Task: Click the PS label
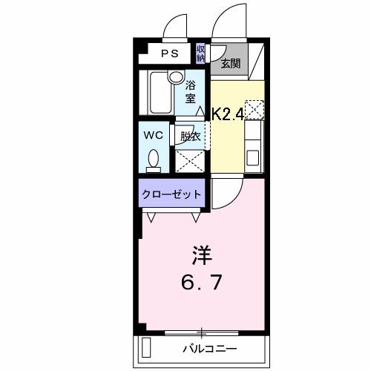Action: (170, 53)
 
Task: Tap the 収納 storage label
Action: (201, 53)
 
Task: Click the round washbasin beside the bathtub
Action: (176, 76)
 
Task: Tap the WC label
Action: (154, 135)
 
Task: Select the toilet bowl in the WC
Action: (154, 158)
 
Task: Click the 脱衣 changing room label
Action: (190, 136)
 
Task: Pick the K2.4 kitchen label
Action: (229, 114)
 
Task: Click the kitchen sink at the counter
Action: (253, 157)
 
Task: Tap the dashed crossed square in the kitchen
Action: (254, 110)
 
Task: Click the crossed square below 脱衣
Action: (189, 159)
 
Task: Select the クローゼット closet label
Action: (171, 194)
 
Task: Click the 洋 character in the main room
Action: (202, 257)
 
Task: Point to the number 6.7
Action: (201, 283)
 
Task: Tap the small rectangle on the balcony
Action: (146, 347)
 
